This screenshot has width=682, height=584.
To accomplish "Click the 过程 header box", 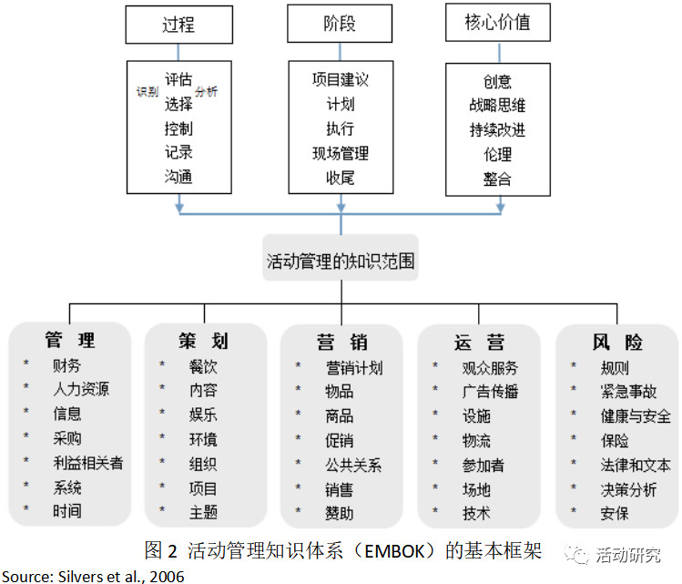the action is tap(178, 25).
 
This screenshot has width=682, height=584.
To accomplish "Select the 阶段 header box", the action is tap(340, 24).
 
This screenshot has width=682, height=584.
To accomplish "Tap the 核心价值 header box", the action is tap(498, 22).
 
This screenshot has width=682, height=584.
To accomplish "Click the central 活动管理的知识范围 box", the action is tap(341, 258).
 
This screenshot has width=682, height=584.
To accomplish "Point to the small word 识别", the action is tap(148, 91).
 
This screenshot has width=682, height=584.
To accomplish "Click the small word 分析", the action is tap(206, 91).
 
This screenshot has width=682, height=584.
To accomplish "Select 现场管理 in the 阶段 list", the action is tap(341, 153).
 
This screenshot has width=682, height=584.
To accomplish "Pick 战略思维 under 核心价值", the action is tap(497, 105).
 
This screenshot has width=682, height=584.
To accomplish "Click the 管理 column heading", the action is tap(70, 340).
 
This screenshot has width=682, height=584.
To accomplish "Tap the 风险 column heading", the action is tap(617, 342).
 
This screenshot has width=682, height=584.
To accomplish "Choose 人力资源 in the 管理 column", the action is tap(81, 389).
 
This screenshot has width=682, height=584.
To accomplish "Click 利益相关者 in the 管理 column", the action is tap(88, 463).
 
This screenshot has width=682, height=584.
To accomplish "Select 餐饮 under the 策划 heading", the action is tap(203, 366).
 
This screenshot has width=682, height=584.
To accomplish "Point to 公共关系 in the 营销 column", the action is tap(353, 466).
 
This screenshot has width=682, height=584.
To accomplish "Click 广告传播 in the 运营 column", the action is tap(490, 391).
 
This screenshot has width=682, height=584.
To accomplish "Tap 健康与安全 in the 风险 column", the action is tap(636, 416).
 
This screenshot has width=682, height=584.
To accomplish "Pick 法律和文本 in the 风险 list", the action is tap(636, 466).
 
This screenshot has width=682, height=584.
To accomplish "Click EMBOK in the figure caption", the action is tap(394, 551).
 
